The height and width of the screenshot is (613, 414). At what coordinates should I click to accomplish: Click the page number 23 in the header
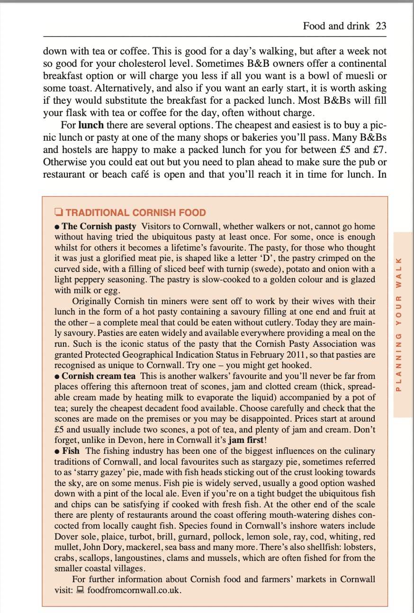click(381, 26)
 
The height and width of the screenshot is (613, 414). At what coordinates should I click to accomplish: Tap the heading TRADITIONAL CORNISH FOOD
click(135, 213)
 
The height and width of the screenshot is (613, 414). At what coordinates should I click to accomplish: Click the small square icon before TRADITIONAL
click(58, 212)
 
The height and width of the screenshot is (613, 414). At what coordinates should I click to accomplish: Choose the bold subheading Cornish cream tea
click(99, 376)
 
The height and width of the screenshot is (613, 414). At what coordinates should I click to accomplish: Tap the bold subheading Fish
click(71, 451)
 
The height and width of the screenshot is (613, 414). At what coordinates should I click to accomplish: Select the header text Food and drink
click(336, 26)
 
